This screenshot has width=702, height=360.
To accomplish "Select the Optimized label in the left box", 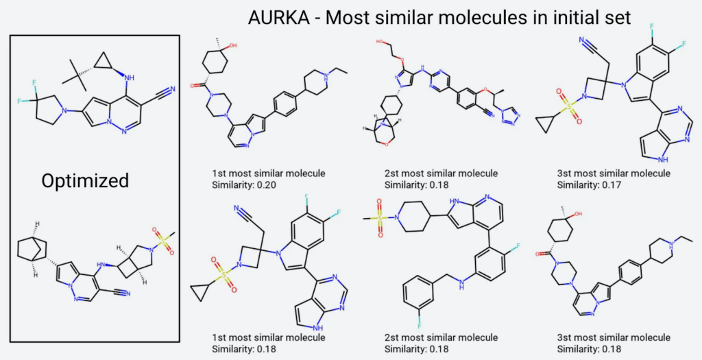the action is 85,180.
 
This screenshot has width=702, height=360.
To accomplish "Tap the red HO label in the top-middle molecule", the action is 379,42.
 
